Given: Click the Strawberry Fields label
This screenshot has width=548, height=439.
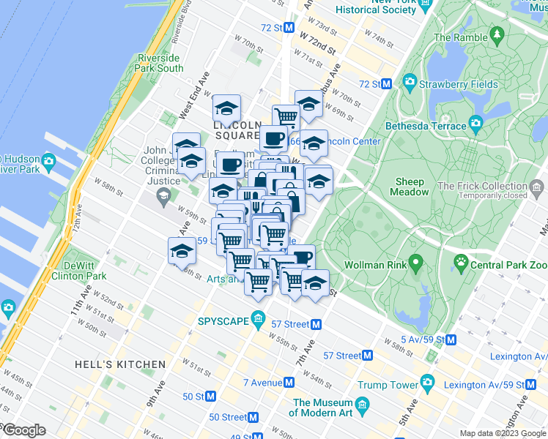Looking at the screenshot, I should pyautogui.click(x=459, y=84).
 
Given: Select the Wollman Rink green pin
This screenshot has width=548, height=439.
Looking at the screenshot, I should pyautogui.click(x=415, y=260).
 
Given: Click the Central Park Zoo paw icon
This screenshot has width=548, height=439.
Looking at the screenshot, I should pyautogui.click(x=462, y=260).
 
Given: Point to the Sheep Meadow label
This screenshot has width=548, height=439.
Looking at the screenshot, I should pyautogui.click(x=410, y=187).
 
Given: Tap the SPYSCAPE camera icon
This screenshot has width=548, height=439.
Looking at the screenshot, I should pyautogui.click(x=258, y=320).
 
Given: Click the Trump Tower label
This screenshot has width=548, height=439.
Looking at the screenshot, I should pyautogui.click(x=386, y=384).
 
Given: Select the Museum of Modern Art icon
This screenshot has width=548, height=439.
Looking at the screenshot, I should pyautogui.click(x=362, y=405).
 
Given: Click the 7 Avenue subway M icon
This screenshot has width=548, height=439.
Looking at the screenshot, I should pyautogui.click(x=289, y=382).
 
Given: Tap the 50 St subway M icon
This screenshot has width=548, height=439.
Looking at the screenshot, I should pyautogui.click(x=211, y=396).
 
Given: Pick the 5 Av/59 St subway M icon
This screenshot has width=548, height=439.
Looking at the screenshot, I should pyautogui.click(x=451, y=339).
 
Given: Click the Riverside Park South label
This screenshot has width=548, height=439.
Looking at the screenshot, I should pyautogui.click(x=159, y=63).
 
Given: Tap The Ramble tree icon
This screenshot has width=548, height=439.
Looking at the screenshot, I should pyautogui.click(x=497, y=34).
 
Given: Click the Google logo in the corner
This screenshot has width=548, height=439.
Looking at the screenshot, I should pyautogui.click(x=23, y=430).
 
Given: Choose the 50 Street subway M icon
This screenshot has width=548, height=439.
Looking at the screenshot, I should pyautogui.click(x=253, y=417).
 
